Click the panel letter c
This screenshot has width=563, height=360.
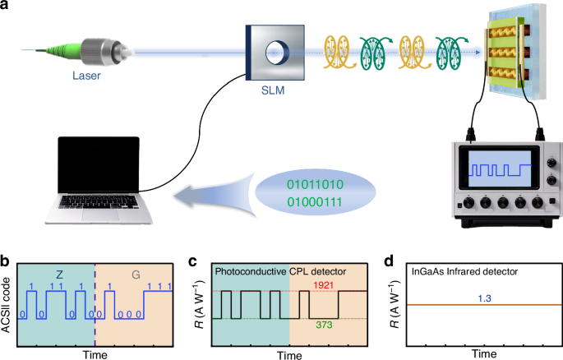(x=194, y=262)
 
